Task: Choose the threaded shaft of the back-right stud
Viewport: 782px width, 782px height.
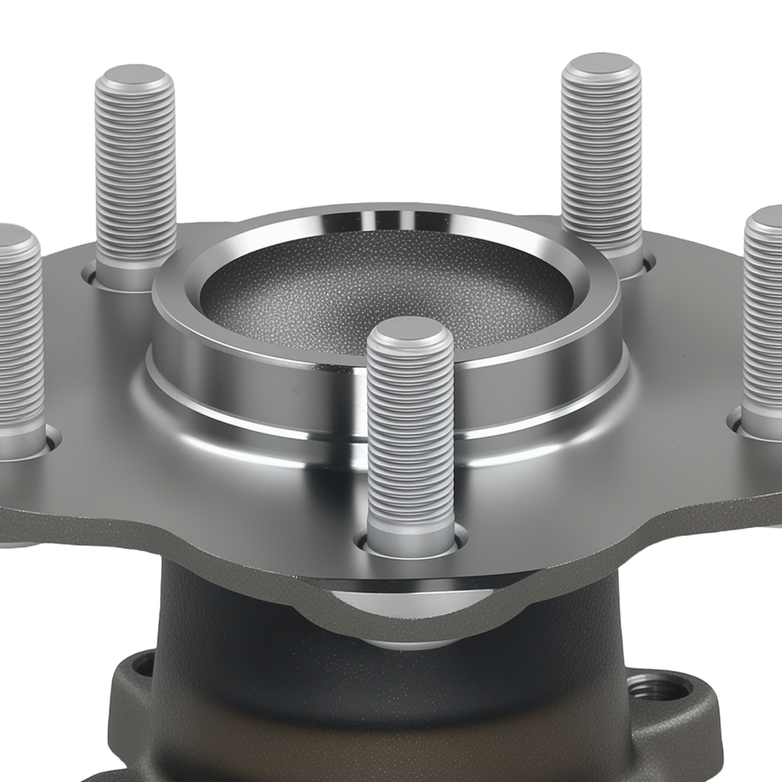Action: [601, 156]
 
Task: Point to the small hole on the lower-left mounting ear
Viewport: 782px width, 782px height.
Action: [142, 666]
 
